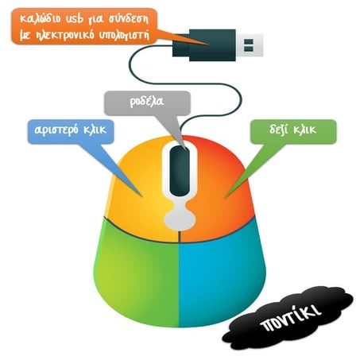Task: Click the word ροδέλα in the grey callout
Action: click(147, 102)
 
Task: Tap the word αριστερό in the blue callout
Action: click(56, 130)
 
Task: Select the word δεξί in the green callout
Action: click(278, 130)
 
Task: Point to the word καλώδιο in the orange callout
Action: click(41, 19)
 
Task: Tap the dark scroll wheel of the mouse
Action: click(180, 171)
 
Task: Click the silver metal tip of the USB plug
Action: click(249, 45)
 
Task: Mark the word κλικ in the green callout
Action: click(305, 130)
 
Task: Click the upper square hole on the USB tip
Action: click(249, 42)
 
